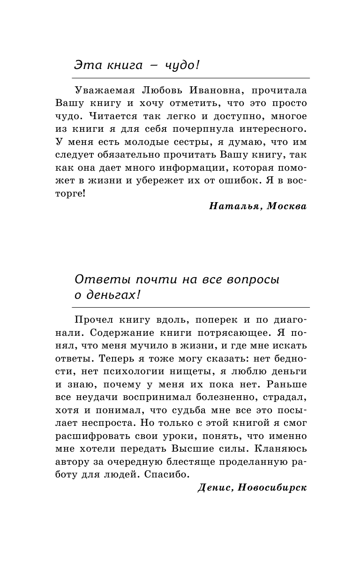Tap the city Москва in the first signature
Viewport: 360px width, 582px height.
tap(286, 206)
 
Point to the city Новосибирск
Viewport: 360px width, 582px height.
tap(272, 487)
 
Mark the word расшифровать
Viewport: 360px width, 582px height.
tap(103, 436)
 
